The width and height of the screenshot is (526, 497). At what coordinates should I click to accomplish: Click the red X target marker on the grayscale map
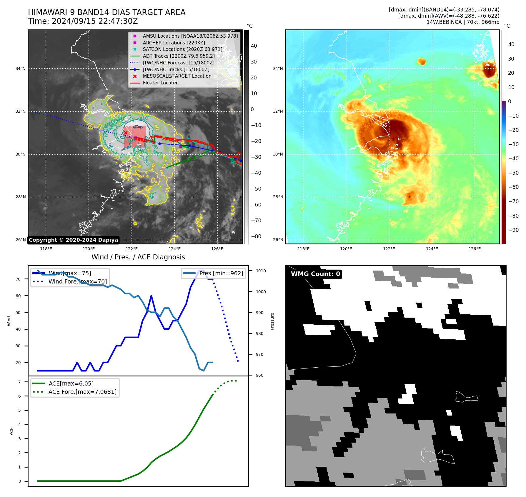(126, 133)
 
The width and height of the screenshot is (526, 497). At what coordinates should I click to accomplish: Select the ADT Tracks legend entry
(179, 56)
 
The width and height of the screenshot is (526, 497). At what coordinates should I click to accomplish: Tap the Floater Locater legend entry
(160, 83)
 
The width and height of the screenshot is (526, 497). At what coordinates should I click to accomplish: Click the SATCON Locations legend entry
(182, 49)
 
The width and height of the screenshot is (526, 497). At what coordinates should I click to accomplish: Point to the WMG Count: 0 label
(315, 274)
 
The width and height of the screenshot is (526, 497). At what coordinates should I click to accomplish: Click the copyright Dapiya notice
(73, 240)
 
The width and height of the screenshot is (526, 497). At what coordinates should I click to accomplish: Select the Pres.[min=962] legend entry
(221, 273)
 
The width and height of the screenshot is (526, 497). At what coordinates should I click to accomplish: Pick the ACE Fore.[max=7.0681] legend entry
(82, 392)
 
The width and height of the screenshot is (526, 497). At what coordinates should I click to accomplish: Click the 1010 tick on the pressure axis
(261, 271)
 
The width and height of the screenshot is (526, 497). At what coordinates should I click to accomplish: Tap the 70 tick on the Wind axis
(18, 279)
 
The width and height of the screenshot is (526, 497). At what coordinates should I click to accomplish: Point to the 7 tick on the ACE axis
(19, 382)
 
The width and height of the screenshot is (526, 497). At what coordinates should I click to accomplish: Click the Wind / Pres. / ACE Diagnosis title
(138, 257)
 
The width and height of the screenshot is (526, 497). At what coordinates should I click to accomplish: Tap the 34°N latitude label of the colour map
(278, 69)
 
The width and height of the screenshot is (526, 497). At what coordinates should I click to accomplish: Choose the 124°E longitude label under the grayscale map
(174, 249)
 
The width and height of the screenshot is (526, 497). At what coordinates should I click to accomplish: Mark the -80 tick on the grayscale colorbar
(256, 236)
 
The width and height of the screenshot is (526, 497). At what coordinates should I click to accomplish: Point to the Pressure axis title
(272, 321)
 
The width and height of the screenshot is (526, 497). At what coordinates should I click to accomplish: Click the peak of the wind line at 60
(151, 296)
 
